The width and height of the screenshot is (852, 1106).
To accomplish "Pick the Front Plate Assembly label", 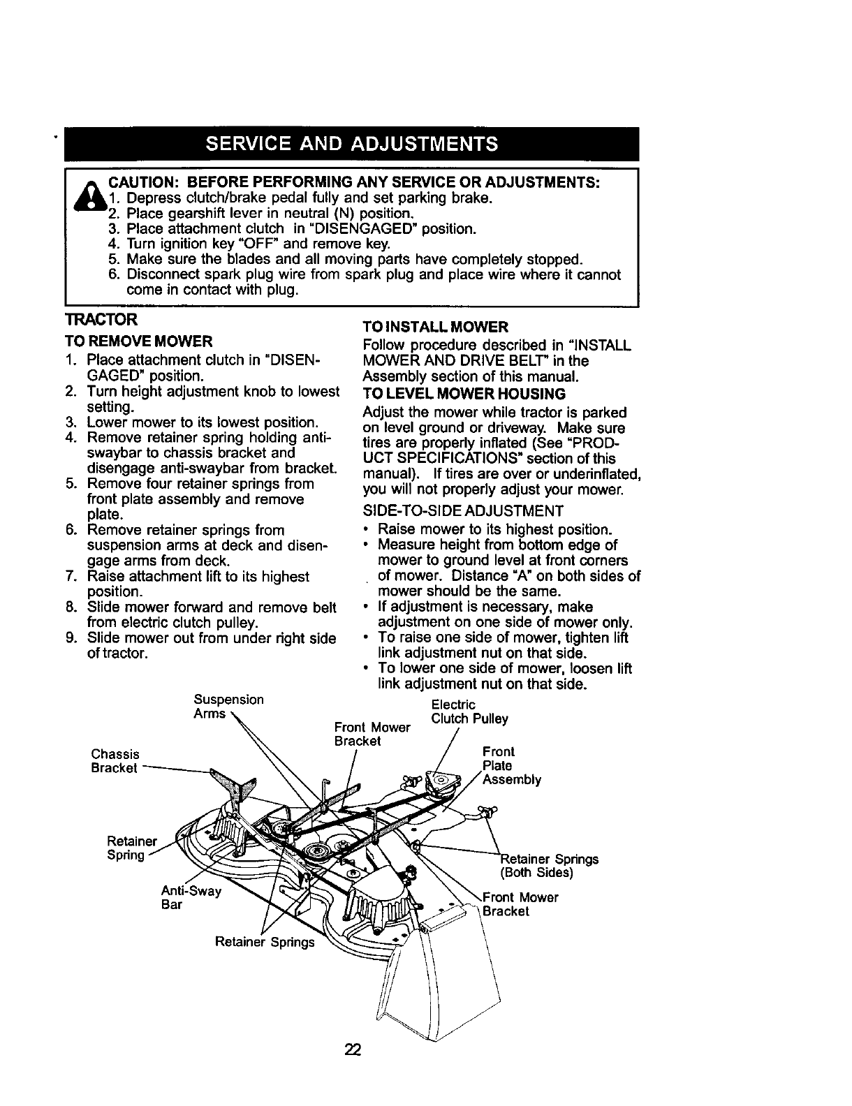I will (x=511, y=765).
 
